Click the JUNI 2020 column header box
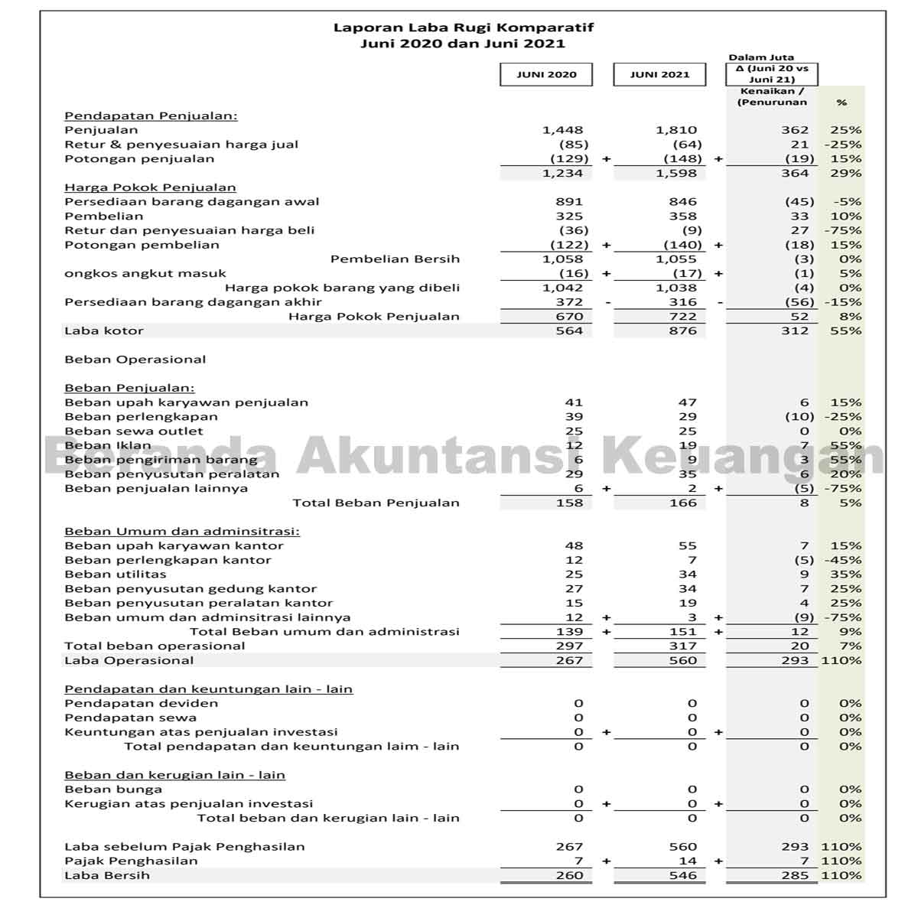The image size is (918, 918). point(546,74)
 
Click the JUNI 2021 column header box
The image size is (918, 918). point(659,74)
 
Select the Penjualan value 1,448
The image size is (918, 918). point(562,130)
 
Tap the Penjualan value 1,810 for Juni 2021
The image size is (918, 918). point(676,130)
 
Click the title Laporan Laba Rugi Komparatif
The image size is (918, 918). point(463,28)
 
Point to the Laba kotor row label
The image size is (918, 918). point(104,330)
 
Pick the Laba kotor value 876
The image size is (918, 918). point(682,330)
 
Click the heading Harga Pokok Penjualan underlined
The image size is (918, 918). point(150,187)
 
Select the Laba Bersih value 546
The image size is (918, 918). point(682,875)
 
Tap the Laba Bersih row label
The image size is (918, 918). point(107,875)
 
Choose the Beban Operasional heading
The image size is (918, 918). point(135,360)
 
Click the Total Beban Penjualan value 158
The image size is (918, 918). point(569,503)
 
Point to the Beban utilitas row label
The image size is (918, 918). point(116,574)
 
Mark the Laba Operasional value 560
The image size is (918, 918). point(682,660)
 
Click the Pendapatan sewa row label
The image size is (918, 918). point(131,718)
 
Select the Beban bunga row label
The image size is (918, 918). point(113,789)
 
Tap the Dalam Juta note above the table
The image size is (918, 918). point(761,57)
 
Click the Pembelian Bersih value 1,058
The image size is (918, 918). point(562,259)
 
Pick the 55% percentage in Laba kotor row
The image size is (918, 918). point(845,330)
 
